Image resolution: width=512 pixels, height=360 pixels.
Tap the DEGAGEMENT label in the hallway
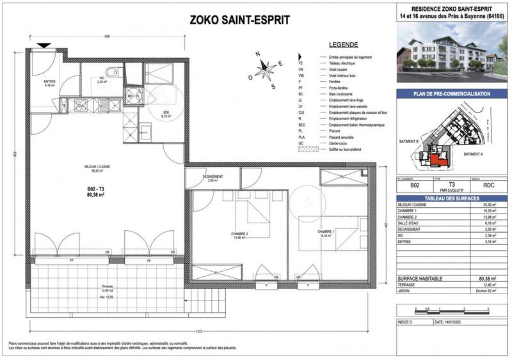point(212,177)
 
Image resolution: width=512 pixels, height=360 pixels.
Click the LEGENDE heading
point(343,45)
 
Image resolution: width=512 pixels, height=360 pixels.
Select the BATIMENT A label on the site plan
point(473,154)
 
